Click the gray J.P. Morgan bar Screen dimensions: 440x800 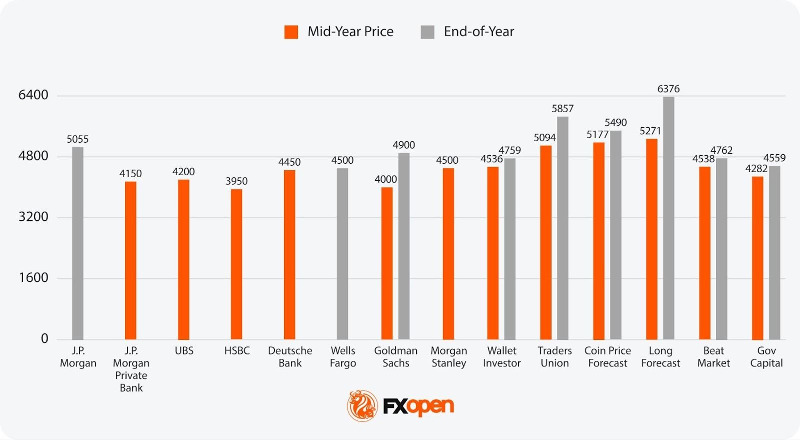77,243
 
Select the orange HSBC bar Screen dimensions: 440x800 236,264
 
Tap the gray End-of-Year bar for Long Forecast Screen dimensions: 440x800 668,218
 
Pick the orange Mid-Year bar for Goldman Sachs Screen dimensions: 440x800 387,263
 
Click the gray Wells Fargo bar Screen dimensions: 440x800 342,254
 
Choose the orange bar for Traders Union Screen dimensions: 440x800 546,243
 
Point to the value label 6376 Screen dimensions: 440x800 668,89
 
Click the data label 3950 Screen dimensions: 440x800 236,181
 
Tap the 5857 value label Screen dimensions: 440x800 562,109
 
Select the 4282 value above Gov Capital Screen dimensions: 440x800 756,169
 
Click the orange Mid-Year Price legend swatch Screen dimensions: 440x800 291,32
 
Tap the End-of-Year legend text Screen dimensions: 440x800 478,32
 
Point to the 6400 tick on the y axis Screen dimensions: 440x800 33,95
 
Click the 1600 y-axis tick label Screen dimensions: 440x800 33,278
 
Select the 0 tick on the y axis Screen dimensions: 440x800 44,339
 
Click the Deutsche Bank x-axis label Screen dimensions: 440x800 290,357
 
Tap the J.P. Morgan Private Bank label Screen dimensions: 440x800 131,369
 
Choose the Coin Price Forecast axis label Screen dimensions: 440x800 607,357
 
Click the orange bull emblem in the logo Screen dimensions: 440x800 362,405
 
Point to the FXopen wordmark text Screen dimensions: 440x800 418,406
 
